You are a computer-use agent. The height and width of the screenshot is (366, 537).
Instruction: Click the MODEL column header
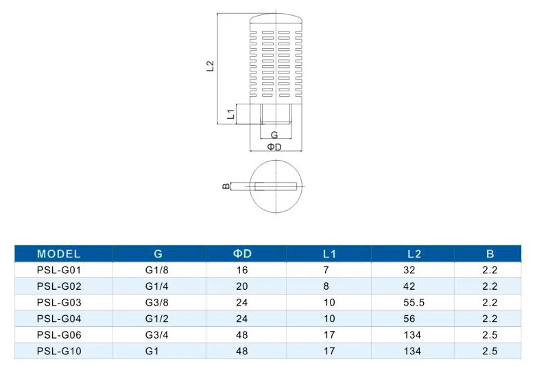[x=58, y=254]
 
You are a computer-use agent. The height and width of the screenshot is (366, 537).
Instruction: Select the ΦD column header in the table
[x=242, y=254]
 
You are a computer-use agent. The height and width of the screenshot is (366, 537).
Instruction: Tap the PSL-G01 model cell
[x=59, y=271]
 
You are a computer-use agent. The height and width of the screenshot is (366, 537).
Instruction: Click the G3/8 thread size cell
[x=157, y=303]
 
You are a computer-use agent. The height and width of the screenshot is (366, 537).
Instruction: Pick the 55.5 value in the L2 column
[x=414, y=303]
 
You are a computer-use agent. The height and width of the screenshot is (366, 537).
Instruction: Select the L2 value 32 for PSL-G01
[x=409, y=271]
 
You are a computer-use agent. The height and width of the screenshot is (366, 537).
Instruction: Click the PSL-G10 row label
[x=59, y=352]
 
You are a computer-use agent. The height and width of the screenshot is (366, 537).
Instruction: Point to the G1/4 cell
[x=157, y=286]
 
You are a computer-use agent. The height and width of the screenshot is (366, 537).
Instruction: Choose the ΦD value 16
[x=242, y=271]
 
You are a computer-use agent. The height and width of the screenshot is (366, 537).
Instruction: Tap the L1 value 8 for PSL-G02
[x=326, y=286]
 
